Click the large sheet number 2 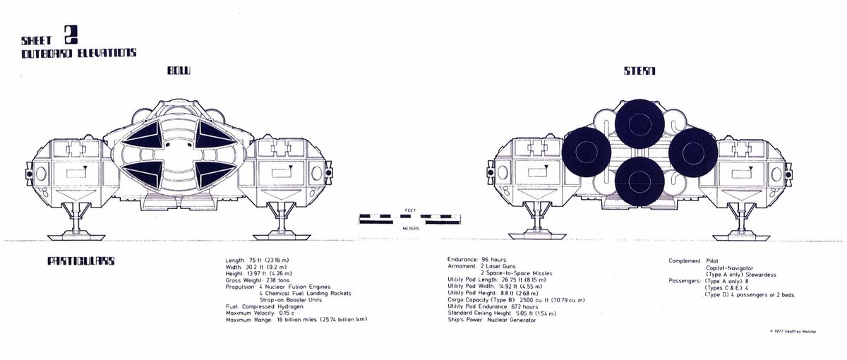69,35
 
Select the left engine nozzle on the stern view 585,152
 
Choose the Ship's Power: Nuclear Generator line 491,320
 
